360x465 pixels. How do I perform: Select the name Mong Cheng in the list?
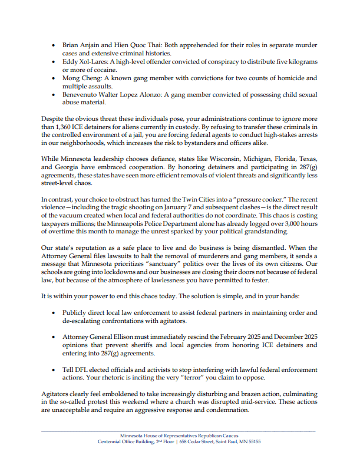[80, 78]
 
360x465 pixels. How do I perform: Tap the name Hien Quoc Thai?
[130, 45]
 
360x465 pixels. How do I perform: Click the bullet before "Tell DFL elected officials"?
[55, 370]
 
